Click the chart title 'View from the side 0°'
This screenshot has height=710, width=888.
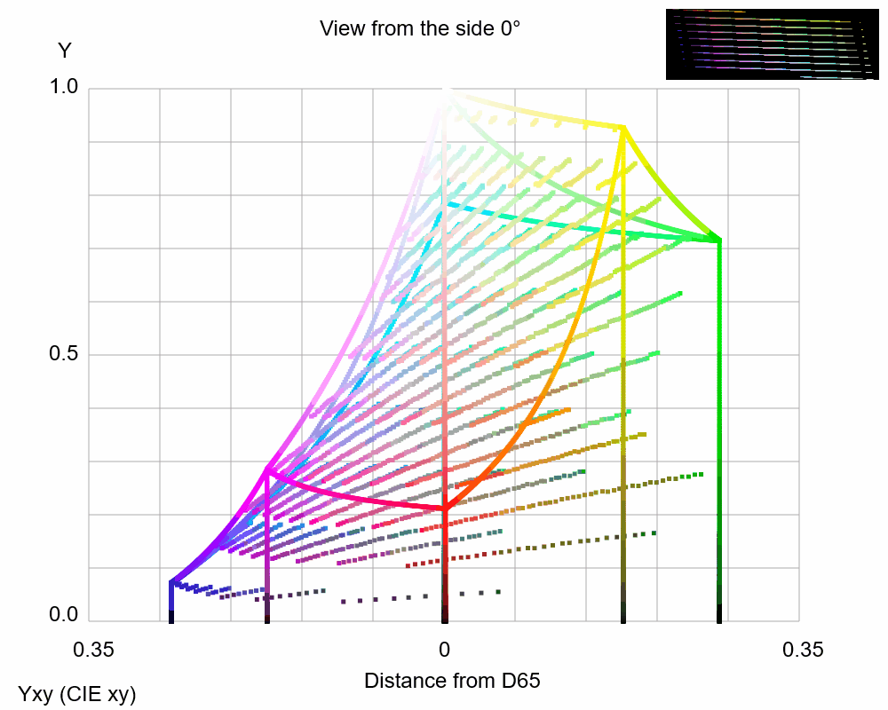pos(419,28)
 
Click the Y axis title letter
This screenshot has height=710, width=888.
pos(64,51)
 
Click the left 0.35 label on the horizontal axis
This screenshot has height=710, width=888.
pos(93,650)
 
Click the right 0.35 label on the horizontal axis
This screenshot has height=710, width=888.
pos(803,650)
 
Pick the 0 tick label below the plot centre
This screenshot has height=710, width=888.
pos(444,650)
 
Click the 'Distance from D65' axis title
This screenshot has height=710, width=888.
pos(452,682)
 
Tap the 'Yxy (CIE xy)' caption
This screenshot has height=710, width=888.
pos(77,694)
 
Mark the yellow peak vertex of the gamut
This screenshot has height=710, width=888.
pos(623,128)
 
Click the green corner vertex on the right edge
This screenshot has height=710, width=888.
pos(718,240)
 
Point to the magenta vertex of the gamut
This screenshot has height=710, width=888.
pos(266,470)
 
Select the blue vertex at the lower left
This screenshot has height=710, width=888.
pos(170,582)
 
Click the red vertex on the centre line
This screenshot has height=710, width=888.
pos(444,509)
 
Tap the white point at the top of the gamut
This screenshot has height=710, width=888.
pos(444,90)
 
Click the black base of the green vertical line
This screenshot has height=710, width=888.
pos(718,614)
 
